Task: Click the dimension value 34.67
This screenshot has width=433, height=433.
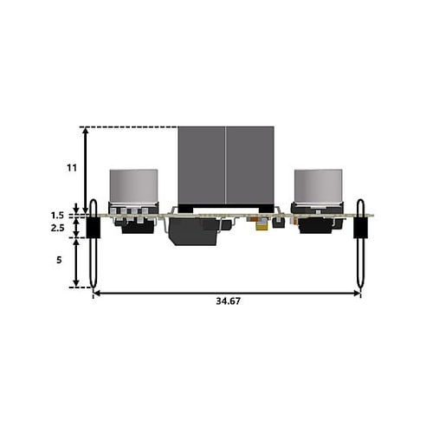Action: click(228, 301)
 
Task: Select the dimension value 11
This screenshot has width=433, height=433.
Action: click(72, 168)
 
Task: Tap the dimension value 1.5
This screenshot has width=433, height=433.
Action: click(57, 216)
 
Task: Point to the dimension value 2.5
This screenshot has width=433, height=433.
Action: click(57, 228)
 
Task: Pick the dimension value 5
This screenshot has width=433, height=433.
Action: click(59, 260)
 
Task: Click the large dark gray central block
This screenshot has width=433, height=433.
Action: click(226, 165)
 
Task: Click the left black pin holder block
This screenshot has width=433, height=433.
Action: click(94, 228)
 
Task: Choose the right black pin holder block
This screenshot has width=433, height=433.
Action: click(360, 228)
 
